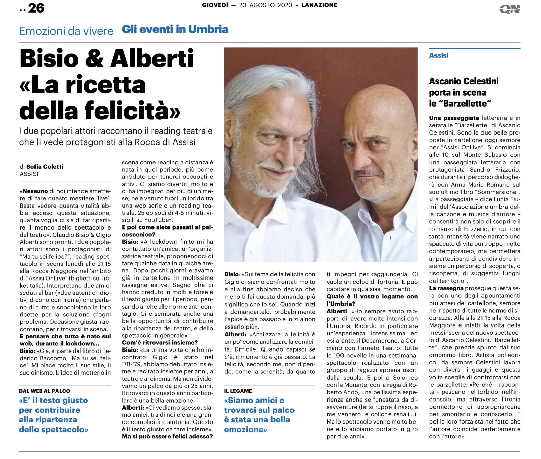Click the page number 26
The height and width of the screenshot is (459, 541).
(36, 8)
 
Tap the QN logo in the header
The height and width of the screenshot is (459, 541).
(510, 9)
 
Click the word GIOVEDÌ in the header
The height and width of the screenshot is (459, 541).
(215, 5)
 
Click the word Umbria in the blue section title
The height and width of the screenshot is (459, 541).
(208, 29)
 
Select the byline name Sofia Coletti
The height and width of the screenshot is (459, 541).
(45, 166)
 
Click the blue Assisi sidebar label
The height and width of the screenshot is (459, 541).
(439, 55)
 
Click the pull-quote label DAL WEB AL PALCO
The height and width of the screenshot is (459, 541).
(45, 391)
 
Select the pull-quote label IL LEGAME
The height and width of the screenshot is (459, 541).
(238, 391)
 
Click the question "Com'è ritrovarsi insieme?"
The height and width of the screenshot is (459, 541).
(160, 343)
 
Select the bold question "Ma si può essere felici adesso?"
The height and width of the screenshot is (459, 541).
(167, 436)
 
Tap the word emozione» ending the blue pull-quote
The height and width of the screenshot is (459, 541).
(245, 430)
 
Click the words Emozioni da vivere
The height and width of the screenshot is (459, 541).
(66, 31)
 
